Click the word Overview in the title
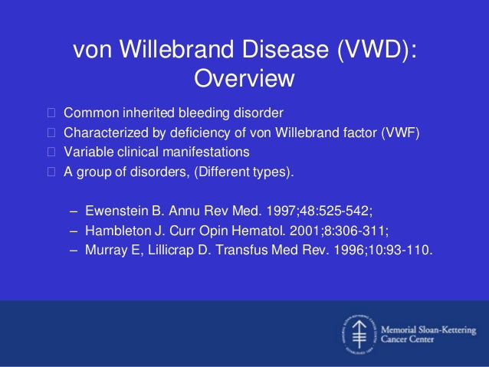pyautogui.click(x=244, y=79)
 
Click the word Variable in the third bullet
pyautogui.click(x=87, y=150)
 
